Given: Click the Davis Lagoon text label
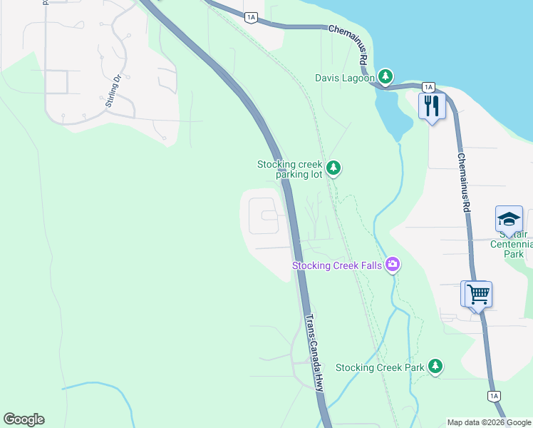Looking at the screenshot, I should pyautogui.click(x=345, y=77).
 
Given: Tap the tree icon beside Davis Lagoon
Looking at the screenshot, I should pyautogui.click(x=385, y=76).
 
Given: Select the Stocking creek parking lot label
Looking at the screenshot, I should pyautogui.click(x=290, y=169).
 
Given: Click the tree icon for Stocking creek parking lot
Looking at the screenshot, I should pyautogui.click(x=333, y=169).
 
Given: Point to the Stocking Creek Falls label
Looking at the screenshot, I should pyautogui.click(x=337, y=266).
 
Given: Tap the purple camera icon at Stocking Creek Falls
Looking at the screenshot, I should pyautogui.click(x=392, y=265).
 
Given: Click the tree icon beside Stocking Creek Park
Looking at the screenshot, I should pyautogui.click(x=435, y=367).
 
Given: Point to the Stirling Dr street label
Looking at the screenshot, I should pyautogui.click(x=113, y=91).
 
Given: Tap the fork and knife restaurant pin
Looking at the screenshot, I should pyautogui.click(x=432, y=106).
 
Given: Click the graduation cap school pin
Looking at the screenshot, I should pyautogui.click(x=509, y=219).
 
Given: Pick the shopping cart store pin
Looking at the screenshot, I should pyautogui.click(x=478, y=293).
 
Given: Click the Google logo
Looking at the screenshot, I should pyautogui.click(x=24, y=419).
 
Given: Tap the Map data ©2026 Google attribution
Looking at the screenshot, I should pyautogui.click(x=489, y=422).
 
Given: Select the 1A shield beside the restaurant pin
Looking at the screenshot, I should pyautogui.click(x=428, y=87).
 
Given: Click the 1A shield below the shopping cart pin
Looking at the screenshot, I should pyautogui.click(x=493, y=395).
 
